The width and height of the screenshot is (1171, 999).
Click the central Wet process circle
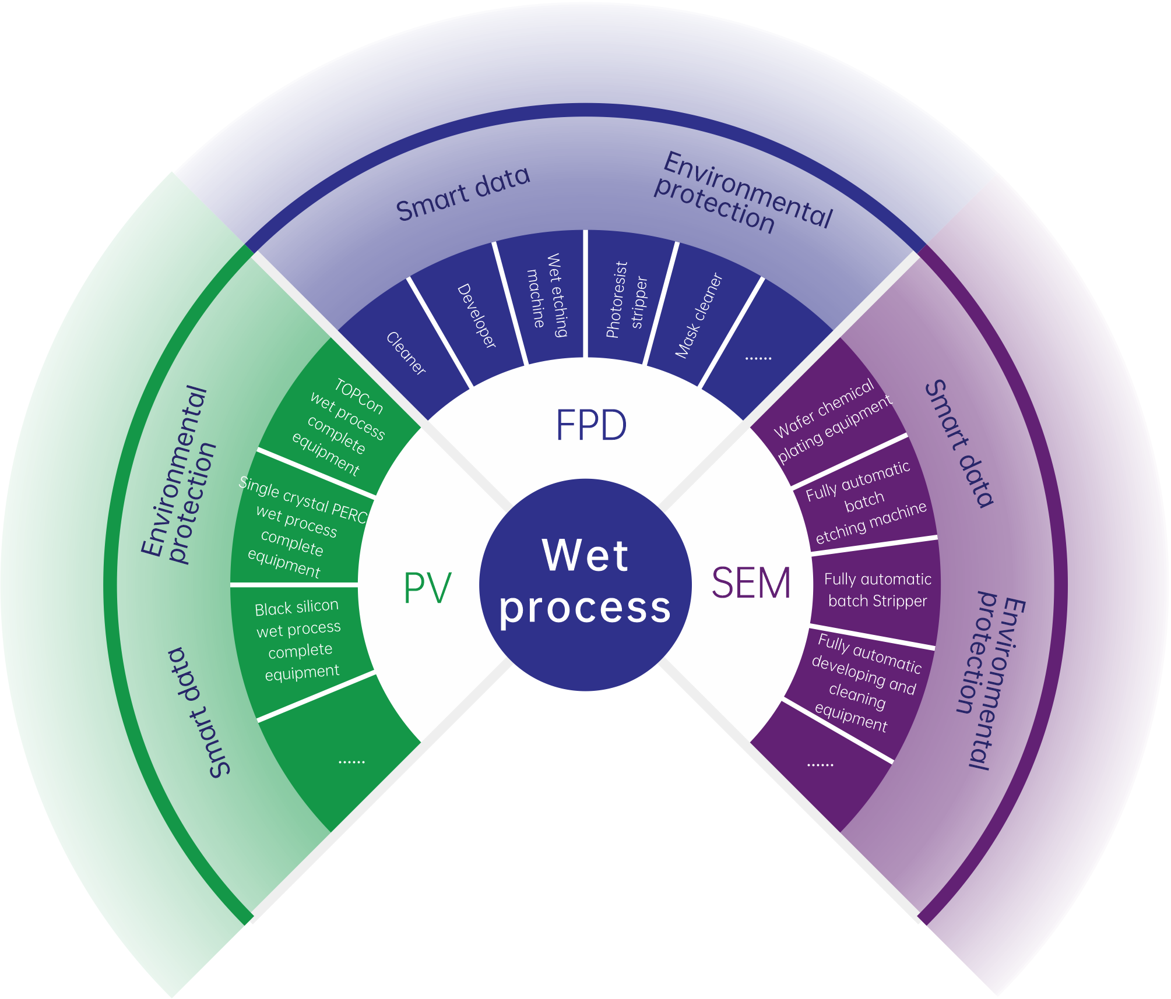pyautogui.click(x=585, y=584)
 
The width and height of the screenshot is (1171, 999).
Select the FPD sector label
pyautogui.click(x=591, y=425)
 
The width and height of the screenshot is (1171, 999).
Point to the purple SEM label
pyautogui.click(x=751, y=583)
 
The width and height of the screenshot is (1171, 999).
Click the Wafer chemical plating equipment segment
pyautogui.click(x=831, y=419)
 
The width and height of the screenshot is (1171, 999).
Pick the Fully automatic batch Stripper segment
pyautogui.click(x=877, y=589)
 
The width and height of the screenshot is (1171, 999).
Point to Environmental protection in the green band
pyautogui.click(x=178, y=475)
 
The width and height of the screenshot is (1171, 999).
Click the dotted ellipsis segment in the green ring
pyautogui.click(x=351, y=760)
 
